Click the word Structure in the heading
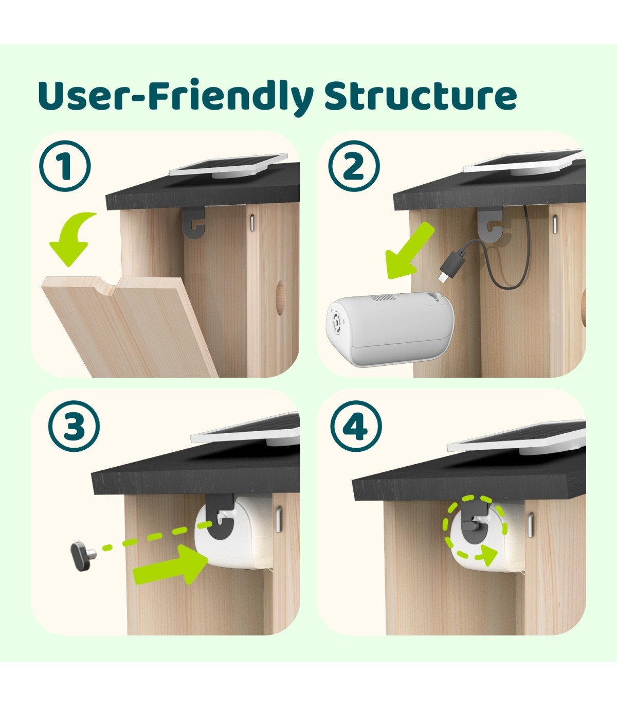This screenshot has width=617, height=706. pos(420,96)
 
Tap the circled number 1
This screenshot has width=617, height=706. pos(65,166)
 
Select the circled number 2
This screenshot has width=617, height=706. pos(354,166)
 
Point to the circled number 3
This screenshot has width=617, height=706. pos(74,427)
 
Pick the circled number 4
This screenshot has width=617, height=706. pos(356,427)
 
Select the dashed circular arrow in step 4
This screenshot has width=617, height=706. pos(476,527)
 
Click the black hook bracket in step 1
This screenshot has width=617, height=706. pos(195,222)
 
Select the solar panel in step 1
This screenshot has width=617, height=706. pos(229,166)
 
